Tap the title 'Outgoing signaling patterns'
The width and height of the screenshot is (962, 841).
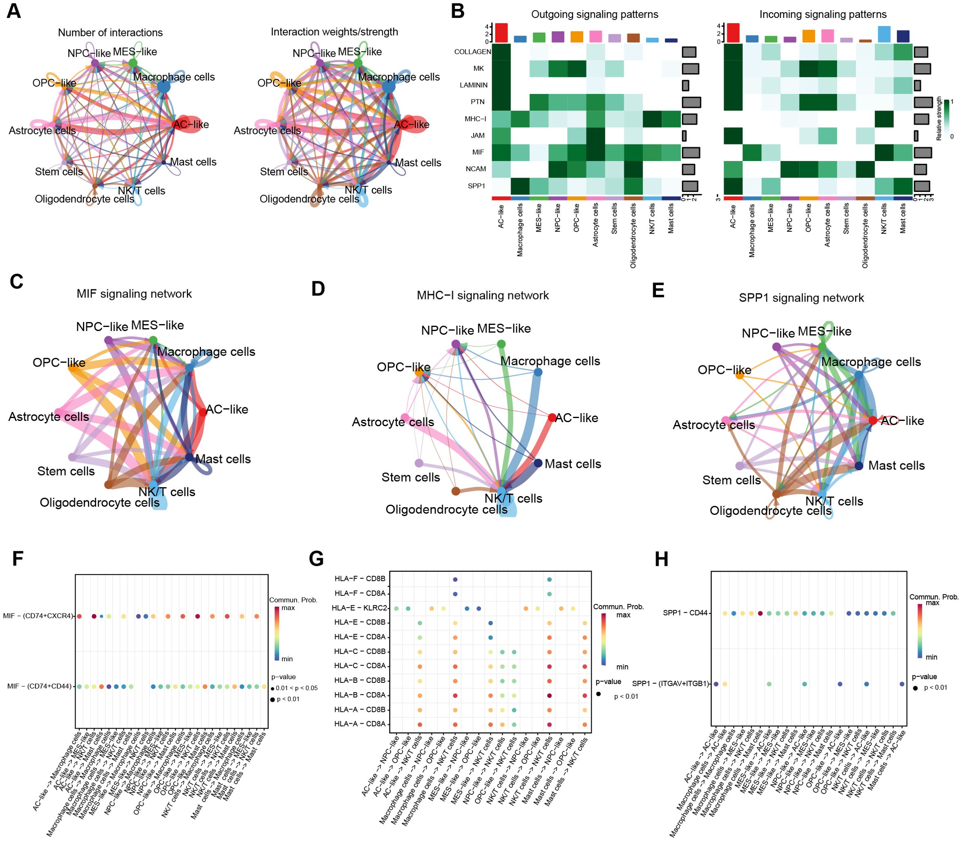coord(594,15)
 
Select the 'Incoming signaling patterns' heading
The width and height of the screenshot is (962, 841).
coord(823,15)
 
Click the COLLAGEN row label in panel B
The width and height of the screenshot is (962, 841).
coord(472,51)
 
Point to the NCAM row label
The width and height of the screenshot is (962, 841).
coord(476,169)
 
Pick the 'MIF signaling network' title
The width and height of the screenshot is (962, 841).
coord(134,294)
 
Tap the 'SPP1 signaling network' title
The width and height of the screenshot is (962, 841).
coord(801,297)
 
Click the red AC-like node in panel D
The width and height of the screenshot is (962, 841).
coord(552,417)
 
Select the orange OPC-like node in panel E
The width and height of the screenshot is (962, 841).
coord(740,374)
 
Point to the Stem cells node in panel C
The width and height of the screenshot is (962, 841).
coord(72,456)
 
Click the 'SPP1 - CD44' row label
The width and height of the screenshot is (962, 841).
coord(685,613)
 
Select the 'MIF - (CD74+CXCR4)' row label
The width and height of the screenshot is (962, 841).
coord(38,616)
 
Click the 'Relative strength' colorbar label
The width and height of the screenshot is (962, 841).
coord(939,118)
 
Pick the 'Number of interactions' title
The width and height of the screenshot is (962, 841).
coord(110,32)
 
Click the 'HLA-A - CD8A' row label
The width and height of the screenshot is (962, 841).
coord(360,724)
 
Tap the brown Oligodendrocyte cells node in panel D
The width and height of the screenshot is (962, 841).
coord(455,491)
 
